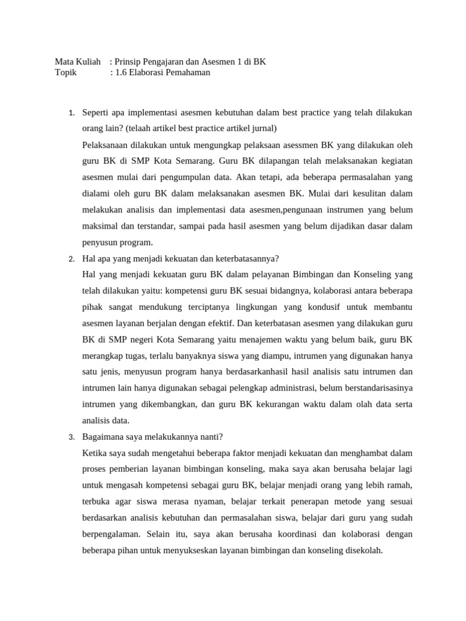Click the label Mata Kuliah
77,62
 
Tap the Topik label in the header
66,73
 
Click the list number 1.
71,113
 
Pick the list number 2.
71,259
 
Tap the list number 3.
71,437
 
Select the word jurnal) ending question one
262,129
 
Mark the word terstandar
148,226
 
